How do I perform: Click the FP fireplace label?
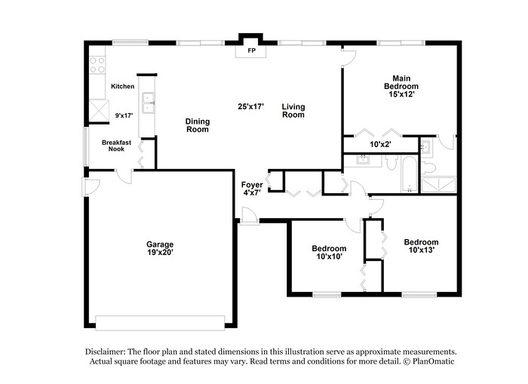point(251,52)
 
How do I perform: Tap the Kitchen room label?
point(122,87)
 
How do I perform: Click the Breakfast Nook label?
point(116,145)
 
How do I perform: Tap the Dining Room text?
point(197,125)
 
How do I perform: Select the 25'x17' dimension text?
point(250,106)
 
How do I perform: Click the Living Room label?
point(293,111)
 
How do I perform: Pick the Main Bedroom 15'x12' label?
point(400,86)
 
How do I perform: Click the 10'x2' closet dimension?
point(381,143)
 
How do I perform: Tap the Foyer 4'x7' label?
point(251,189)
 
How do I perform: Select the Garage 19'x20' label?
point(160,248)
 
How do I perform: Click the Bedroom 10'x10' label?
point(329,253)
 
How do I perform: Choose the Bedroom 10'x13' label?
point(420,246)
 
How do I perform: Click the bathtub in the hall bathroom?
point(408,174)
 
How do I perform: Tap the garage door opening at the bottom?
point(160,322)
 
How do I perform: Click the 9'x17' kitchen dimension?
point(122,115)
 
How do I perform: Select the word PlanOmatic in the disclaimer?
point(428,361)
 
